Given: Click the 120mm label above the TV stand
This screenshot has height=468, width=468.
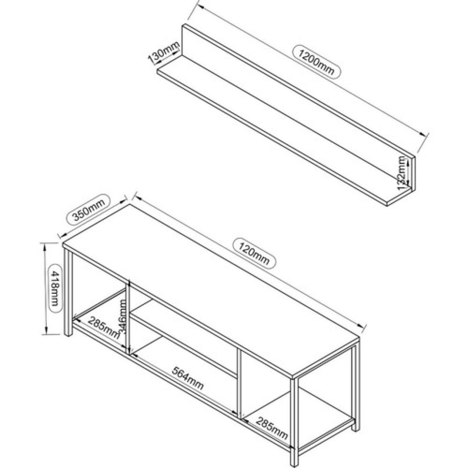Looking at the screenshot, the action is point(255,252).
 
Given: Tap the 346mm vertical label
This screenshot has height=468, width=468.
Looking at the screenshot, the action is point(123,317).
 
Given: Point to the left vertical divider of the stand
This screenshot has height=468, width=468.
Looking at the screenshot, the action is point(128,317).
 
